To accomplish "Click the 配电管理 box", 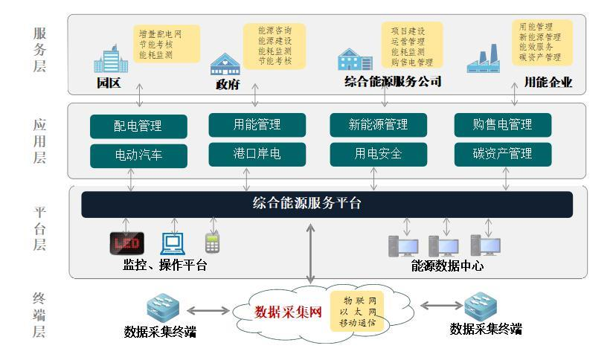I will coord(137,126).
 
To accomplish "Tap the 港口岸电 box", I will coord(257,154).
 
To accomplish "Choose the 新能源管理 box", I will coord(377,124).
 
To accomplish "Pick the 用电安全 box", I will coord(377,154).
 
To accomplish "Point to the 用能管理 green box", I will coord(257,124).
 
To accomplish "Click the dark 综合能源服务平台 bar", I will coord(327,204).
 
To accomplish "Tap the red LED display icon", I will coord(126,243).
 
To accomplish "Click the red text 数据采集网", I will coord(288,312).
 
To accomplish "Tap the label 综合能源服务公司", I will coord(393,82).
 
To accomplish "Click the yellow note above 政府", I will coord(274,45).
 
